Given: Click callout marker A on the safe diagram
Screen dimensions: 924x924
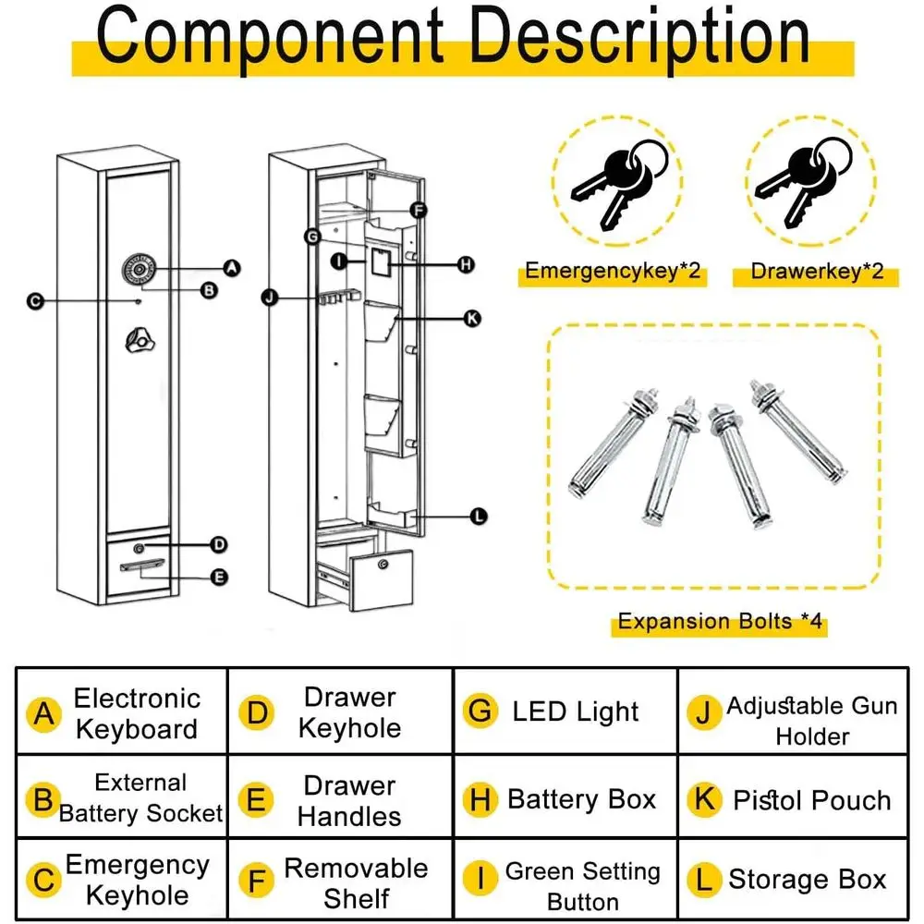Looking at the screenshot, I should pos(232,268).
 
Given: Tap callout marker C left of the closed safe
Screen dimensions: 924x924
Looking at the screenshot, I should pos(35,301).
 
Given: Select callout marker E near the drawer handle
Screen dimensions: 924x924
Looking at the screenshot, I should pos(219,577).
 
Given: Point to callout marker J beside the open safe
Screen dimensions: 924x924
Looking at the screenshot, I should pos(270,298).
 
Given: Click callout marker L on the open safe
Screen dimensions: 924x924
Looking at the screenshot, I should pos(478,517).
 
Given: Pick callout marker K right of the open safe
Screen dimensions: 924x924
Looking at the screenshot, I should pos(471,318).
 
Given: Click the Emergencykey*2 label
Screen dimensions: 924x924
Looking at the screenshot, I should pos(612,272).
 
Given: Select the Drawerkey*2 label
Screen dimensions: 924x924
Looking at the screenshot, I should pos(817,272).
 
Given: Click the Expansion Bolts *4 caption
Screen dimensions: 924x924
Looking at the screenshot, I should pos(719,621).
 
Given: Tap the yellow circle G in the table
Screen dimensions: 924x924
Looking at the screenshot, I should pos(480,711).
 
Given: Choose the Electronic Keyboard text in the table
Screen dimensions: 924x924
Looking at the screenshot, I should pos(137,713).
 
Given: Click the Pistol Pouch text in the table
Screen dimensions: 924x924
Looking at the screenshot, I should pos(811,800).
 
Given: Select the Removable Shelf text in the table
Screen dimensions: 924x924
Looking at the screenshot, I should pos(356,882).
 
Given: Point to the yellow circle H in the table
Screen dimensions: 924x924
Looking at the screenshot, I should pos(480,800).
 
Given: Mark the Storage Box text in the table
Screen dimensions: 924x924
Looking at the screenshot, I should pos(807,880).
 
